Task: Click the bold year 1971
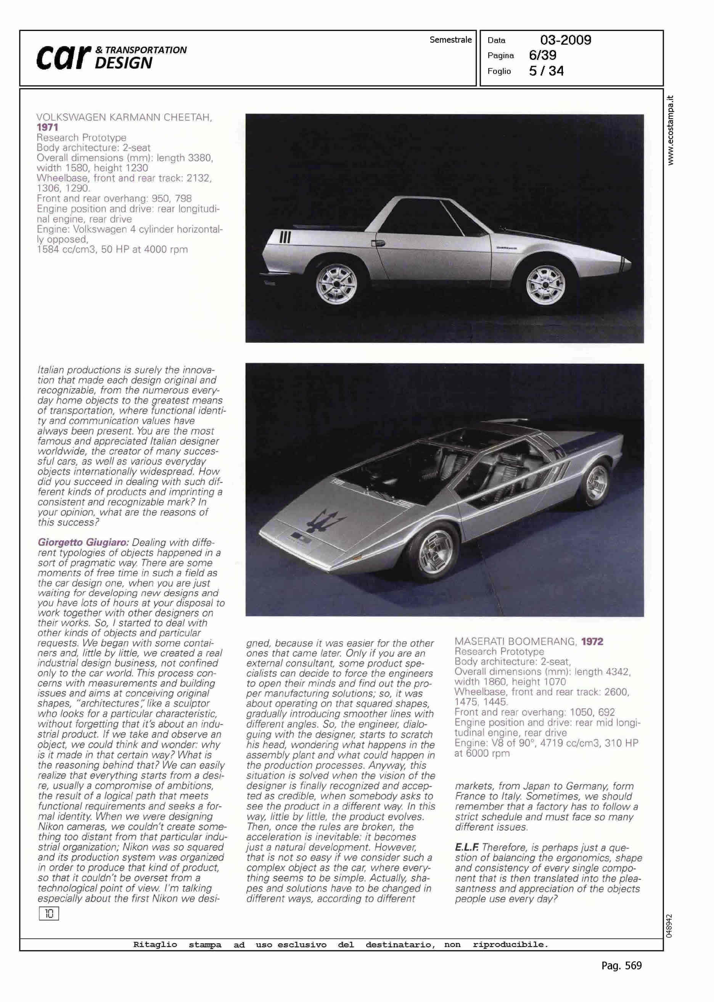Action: point(47,127)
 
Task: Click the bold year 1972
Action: point(592,642)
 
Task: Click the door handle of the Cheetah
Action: point(378,243)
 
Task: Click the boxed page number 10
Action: point(49,914)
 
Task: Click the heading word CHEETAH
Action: point(188,117)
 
